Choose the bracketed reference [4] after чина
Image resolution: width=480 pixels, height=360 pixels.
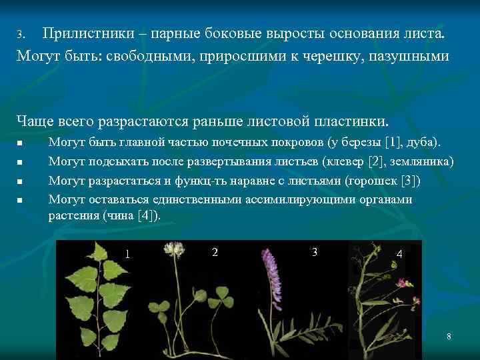[x=145, y=216]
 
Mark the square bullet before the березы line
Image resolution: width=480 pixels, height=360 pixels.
[x=21, y=143]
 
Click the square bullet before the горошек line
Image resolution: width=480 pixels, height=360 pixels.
[x=21, y=181]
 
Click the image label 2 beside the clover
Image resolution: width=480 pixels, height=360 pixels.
[x=214, y=252]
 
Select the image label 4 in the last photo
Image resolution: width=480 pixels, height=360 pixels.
[x=399, y=254]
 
